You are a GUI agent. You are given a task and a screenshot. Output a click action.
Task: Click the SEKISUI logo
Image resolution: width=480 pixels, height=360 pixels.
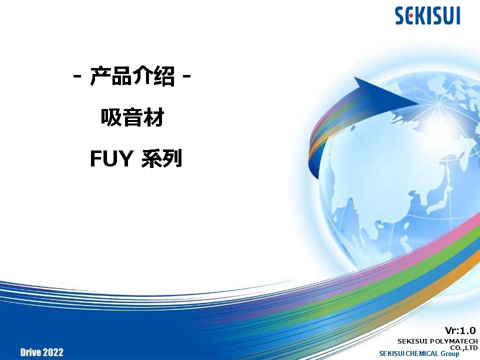(x=427, y=16)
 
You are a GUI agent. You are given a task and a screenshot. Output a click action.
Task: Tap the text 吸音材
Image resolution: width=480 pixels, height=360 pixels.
(x=132, y=117)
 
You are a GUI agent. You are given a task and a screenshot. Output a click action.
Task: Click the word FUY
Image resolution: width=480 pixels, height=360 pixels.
(x=111, y=158)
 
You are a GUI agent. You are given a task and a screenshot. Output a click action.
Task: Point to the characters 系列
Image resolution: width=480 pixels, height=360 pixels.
(x=161, y=158)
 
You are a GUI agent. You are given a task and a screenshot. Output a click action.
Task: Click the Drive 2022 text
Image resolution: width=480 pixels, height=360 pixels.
(x=42, y=352)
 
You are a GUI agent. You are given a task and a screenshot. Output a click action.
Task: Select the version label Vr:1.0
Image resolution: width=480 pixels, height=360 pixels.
(x=460, y=330)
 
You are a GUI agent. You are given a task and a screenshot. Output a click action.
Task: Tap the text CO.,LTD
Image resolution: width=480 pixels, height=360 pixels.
(x=464, y=347)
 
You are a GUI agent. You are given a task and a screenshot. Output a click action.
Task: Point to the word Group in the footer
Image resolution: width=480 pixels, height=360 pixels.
(x=450, y=354)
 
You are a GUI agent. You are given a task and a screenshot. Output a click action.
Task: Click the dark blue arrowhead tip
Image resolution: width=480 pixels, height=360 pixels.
(x=420, y=103)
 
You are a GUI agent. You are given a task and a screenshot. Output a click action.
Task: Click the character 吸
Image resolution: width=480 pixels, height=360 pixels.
(x=111, y=117)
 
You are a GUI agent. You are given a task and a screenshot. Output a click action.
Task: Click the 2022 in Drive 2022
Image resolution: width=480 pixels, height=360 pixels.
(x=52, y=352)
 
